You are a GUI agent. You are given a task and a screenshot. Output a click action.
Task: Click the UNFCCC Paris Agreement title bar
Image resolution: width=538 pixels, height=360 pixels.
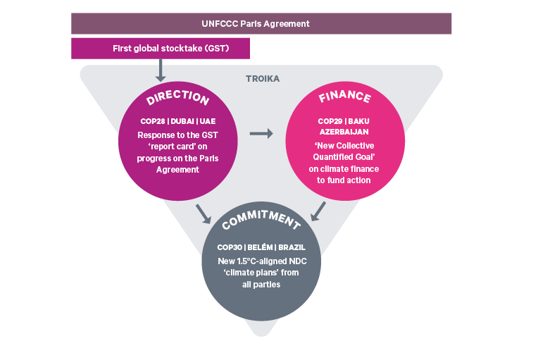261,23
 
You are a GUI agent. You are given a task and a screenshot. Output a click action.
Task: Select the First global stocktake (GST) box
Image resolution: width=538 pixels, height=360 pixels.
161,49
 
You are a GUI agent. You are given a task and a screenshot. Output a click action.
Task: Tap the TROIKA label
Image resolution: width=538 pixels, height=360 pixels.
262,79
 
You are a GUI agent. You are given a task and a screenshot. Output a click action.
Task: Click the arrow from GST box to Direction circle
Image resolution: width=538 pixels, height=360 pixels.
161,71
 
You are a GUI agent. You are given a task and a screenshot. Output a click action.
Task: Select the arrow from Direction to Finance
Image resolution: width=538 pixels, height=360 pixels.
261,133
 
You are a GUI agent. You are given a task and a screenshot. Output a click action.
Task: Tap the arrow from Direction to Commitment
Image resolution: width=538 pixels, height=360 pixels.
204,213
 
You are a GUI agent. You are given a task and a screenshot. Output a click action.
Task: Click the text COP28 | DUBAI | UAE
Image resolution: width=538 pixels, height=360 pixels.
177,120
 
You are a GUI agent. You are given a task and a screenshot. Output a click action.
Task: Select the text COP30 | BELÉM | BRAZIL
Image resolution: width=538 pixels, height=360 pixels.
261,248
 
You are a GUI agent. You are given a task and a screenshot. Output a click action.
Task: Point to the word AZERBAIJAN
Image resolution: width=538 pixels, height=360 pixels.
344,132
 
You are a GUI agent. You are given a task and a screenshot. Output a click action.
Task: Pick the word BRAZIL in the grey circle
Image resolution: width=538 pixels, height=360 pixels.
292,248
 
